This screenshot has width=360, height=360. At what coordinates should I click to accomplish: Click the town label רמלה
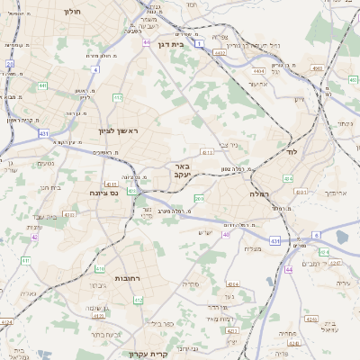[x=259, y=193]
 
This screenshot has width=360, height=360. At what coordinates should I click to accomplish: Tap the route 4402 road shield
[x=220, y=53]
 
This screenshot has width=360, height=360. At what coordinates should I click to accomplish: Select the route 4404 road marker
[x=259, y=69]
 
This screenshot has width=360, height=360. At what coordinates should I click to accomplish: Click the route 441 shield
[x=42, y=85]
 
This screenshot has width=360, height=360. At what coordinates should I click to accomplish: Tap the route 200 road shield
[x=199, y=198]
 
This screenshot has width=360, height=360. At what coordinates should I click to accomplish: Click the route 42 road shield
[x=35, y=237]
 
